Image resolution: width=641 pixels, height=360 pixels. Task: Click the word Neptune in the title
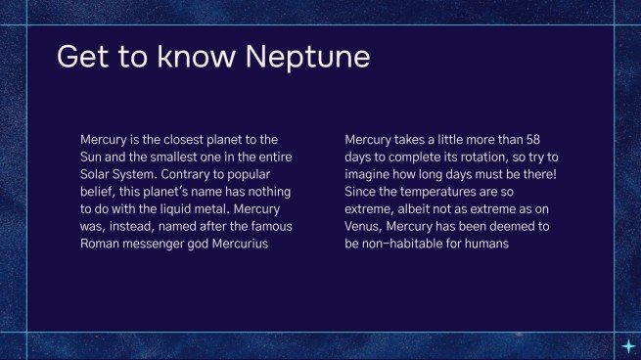pos(308,56)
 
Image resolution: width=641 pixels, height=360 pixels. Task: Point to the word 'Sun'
pos(92,157)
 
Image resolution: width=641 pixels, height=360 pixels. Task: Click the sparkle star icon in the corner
pos(627,346)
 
